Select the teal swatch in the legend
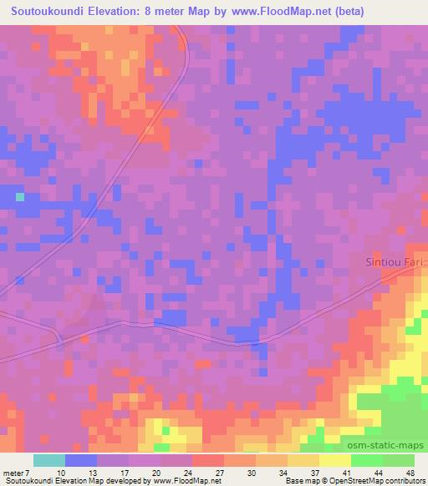(x=49, y=460)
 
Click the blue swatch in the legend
(x=81, y=460)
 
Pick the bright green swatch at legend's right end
(x=399, y=460)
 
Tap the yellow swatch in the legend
(x=335, y=460)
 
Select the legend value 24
(x=188, y=473)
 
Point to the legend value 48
(x=410, y=473)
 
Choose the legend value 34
(x=284, y=473)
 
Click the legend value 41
(x=347, y=473)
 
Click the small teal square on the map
(x=19, y=197)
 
